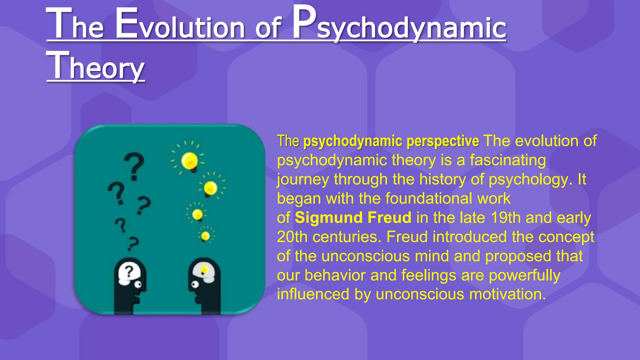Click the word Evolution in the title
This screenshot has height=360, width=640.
point(180,27)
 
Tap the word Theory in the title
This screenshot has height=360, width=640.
point(95,66)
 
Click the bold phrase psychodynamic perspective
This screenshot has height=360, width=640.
point(391,141)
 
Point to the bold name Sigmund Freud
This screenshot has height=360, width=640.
point(353,217)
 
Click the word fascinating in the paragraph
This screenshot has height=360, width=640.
point(508,160)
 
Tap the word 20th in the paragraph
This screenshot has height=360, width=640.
point(292,237)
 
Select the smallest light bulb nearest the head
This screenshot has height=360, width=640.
point(206,236)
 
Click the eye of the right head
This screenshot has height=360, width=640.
point(195,284)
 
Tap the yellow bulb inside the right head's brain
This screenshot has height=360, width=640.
point(204,269)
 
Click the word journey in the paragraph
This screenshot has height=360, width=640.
point(303,180)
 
